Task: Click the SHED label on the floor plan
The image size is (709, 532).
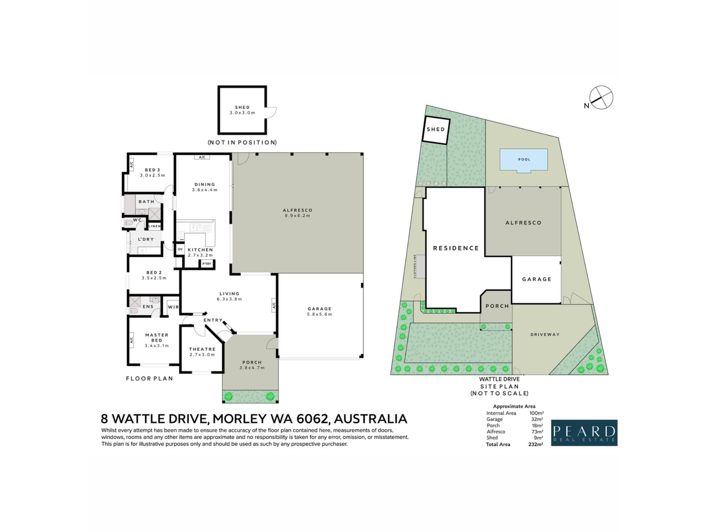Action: point(242,107)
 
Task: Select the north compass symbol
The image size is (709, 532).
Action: point(600,98)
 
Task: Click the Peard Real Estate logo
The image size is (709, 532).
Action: point(584,433)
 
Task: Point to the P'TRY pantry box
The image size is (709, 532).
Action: point(207,264)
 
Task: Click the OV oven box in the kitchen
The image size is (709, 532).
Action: point(180,249)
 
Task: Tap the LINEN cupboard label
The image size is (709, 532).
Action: point(155,226)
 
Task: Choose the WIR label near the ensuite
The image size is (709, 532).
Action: point(173,307)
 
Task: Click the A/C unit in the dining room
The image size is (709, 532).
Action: point(202,157)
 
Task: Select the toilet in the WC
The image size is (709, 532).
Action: point(128,222)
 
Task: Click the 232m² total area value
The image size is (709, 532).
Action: point(535,444)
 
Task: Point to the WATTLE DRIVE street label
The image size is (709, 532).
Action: point(499,379)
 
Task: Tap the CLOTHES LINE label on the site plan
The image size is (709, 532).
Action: point(415,266)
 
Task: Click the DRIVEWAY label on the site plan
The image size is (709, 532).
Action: point(545,334)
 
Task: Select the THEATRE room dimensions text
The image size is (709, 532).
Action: point(202,355)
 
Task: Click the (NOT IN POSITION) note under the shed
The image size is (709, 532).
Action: point(242,142)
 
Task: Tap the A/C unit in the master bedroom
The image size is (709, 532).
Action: point(131,339)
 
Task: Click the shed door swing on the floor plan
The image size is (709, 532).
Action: point(271,112)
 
